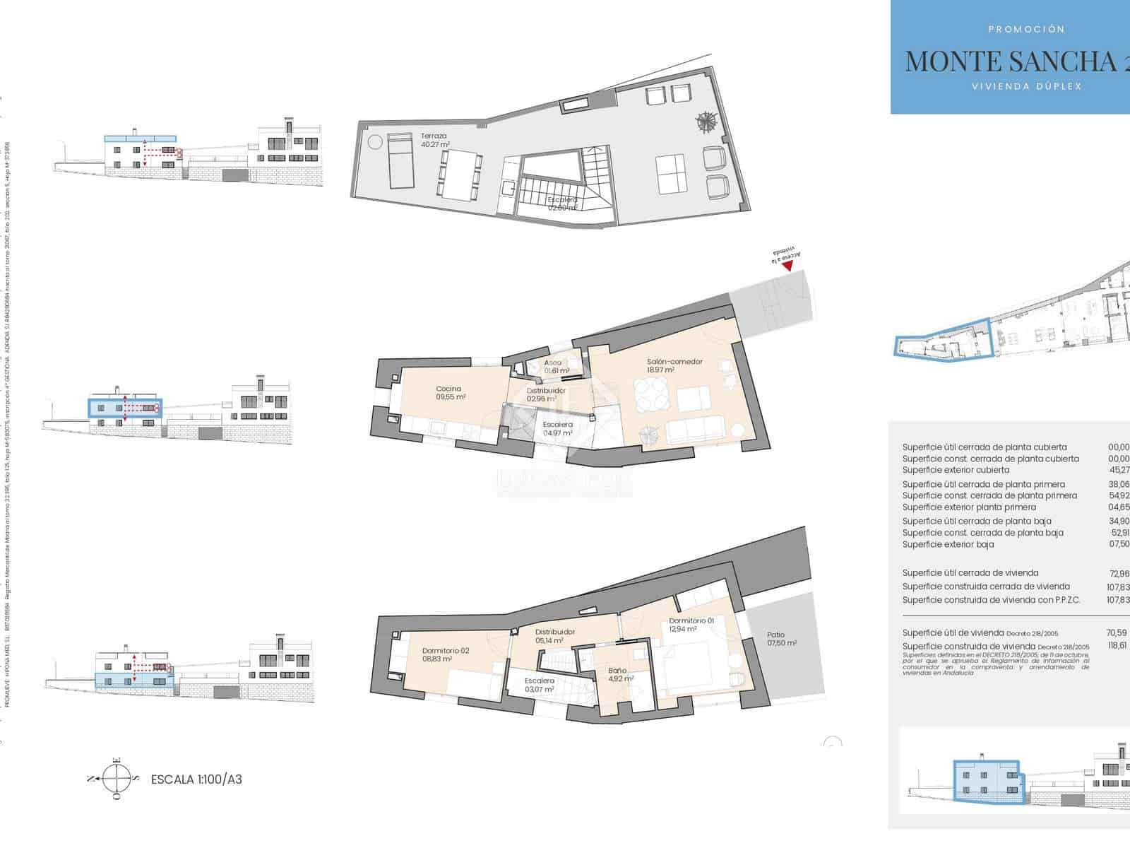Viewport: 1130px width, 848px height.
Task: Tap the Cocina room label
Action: [450, 393]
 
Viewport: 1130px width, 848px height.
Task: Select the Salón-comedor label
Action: [674, 365]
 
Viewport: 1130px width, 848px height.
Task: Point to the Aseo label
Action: [554, 366]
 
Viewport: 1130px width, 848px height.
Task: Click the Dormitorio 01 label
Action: [691, 625]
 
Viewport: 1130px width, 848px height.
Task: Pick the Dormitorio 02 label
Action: [446, 654]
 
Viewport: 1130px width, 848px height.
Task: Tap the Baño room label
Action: [617, 675]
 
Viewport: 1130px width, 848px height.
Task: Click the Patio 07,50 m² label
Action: [781, 639]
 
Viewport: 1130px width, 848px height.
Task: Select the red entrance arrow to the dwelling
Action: [787, 265]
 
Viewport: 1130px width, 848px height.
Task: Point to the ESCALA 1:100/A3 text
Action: [196, 779]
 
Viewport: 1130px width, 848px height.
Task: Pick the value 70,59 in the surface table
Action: [1116, 633]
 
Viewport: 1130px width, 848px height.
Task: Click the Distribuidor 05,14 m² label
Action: [555, 636]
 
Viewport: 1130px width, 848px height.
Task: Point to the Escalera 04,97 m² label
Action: [557, 429]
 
